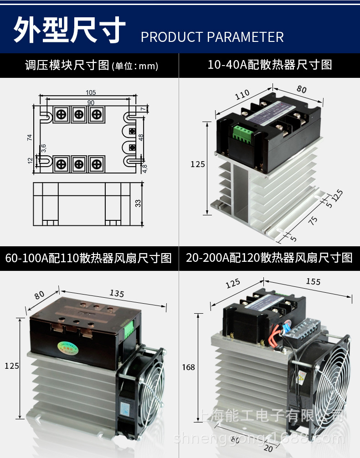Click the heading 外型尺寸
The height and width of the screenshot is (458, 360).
[69, 31]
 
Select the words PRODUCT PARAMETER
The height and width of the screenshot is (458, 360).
[212, 37]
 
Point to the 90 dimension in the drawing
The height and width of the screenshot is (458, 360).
[90, 103]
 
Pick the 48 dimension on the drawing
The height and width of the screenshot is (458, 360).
[141, 137]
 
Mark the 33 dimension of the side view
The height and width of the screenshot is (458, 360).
[138, 204]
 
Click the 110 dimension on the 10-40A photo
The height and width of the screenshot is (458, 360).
[242, 94]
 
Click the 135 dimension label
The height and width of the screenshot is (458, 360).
[117, 294]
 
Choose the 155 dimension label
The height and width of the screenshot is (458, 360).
[313, 282]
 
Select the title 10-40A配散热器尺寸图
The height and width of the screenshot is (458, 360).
[270, 65]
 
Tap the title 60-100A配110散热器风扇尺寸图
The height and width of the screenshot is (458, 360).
[88, 258]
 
